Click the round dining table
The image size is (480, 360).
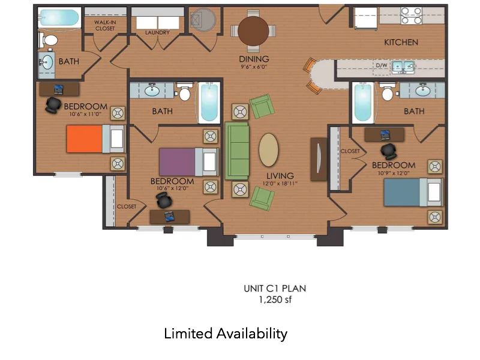(x=256, y=31)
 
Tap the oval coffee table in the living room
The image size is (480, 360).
(x=268, y=149)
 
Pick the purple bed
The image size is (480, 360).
(x=177, y=161)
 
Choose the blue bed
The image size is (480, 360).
(x=405, y=192)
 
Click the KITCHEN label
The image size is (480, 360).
(x=401, y=43)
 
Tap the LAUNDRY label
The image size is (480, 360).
(x=157, y=33)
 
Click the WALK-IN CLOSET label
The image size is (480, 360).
(x=105, y=25)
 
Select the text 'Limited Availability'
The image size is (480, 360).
(x=226, y=334)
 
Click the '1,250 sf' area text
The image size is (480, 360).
(x=275, y=299)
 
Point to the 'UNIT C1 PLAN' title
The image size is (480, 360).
(x=275, y=288)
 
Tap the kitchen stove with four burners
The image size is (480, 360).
(x=412, y=15)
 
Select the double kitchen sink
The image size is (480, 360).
(x=403, y=66)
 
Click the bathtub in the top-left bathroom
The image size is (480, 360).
(x=59, y=17)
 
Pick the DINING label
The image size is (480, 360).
(x=254, y=59)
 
